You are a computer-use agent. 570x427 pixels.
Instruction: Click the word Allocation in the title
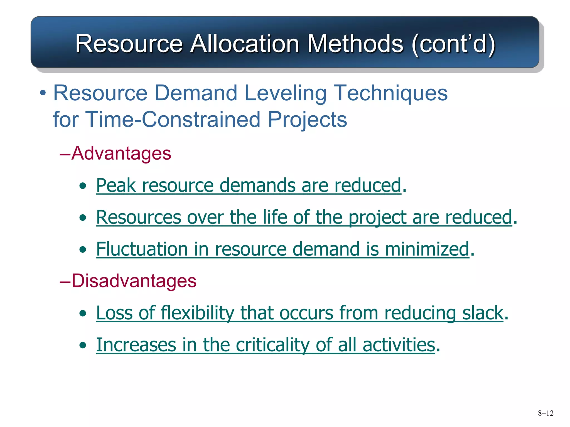[245, 43]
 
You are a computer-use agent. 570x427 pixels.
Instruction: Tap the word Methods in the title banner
[355, 43]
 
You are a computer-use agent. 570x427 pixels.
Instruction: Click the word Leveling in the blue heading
[285, 93]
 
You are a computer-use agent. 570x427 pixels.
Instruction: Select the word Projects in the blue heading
[307, 120]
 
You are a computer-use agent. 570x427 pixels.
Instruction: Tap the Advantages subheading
[121, 153]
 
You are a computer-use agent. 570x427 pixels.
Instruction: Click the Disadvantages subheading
[134, 281]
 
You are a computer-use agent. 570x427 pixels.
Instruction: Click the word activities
[399, 345]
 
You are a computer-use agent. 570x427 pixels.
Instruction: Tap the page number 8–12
[546, 413]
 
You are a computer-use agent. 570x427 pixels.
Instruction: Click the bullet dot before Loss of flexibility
[82, 314]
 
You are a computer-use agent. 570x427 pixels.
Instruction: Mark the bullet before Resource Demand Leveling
[43, 93]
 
